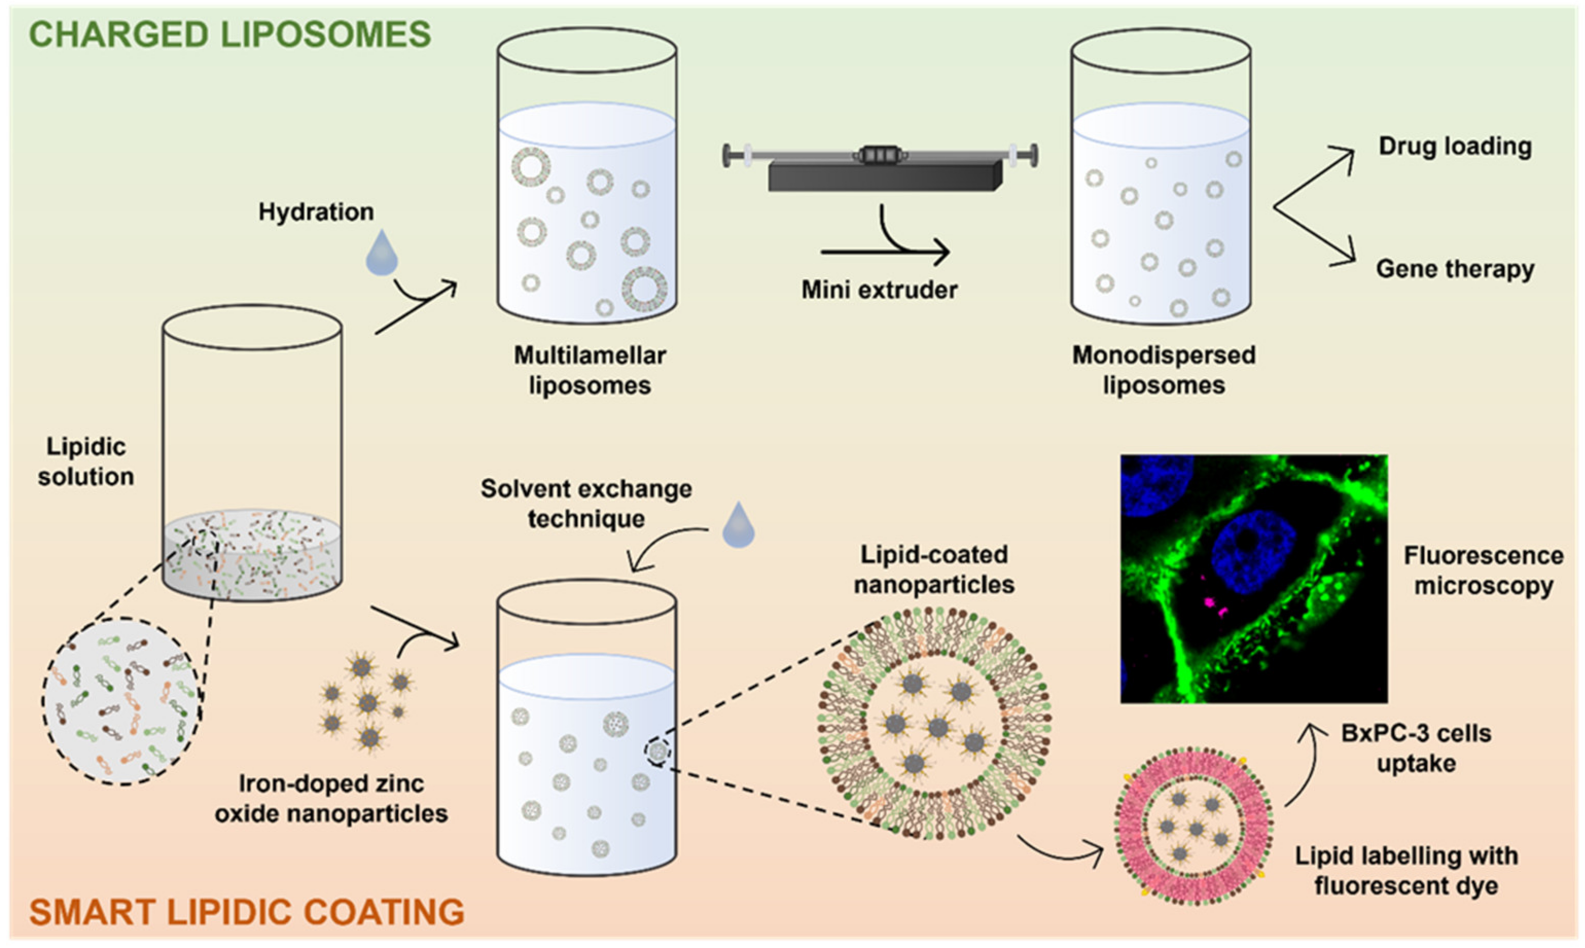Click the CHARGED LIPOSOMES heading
pos(230,34)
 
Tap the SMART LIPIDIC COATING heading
pos(246,911)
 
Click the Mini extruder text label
pos(879,290)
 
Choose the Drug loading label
pos(1455,146)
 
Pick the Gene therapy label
pos(1455,269)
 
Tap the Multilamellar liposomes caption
pos(589,370)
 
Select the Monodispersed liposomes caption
pos(1163,370)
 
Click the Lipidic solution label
pos(85,461)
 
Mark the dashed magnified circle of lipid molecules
pos(122,701)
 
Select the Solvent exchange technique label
pos(586,504)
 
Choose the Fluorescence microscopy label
pos(1483,570)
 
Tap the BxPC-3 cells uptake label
pos(1416,748)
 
